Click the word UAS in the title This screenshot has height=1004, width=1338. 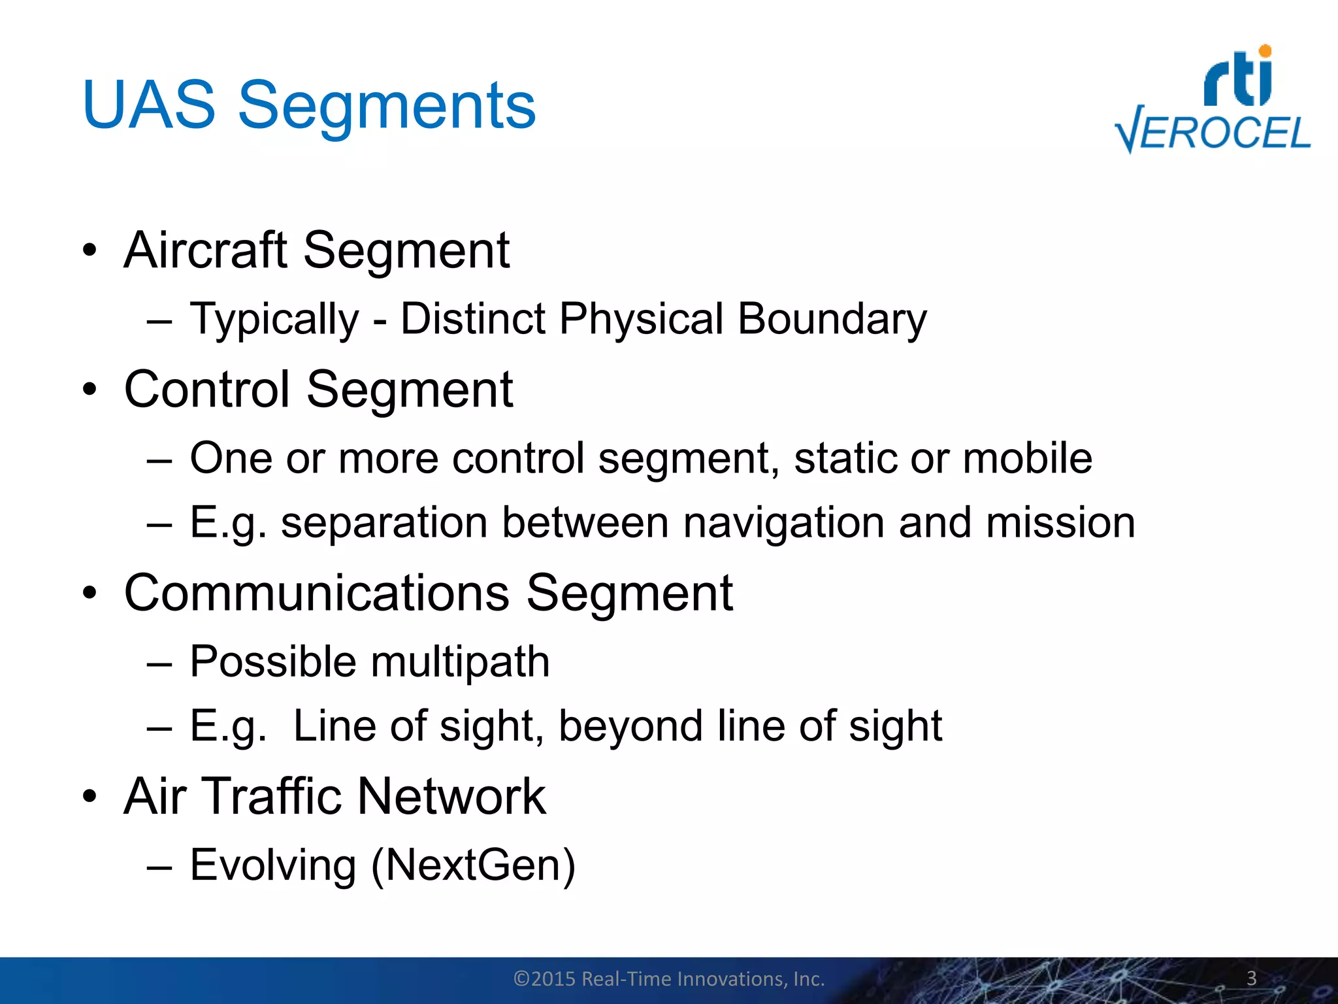point(149,105)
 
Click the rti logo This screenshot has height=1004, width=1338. point(1238,77)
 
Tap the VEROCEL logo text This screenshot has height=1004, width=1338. point(1213,133)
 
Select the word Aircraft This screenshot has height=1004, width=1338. point(205,250)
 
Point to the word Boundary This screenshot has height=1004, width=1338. point(832,319)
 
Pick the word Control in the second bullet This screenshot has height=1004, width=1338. point(206,390)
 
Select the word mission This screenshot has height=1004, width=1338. point(1060,523)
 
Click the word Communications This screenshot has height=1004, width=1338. point(317,593)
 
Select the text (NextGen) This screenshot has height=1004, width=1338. point(473,865)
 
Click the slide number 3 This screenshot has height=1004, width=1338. point(1251,978)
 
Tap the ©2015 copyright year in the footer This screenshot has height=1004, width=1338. point(545,979)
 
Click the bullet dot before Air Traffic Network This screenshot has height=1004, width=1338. point(90,797)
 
